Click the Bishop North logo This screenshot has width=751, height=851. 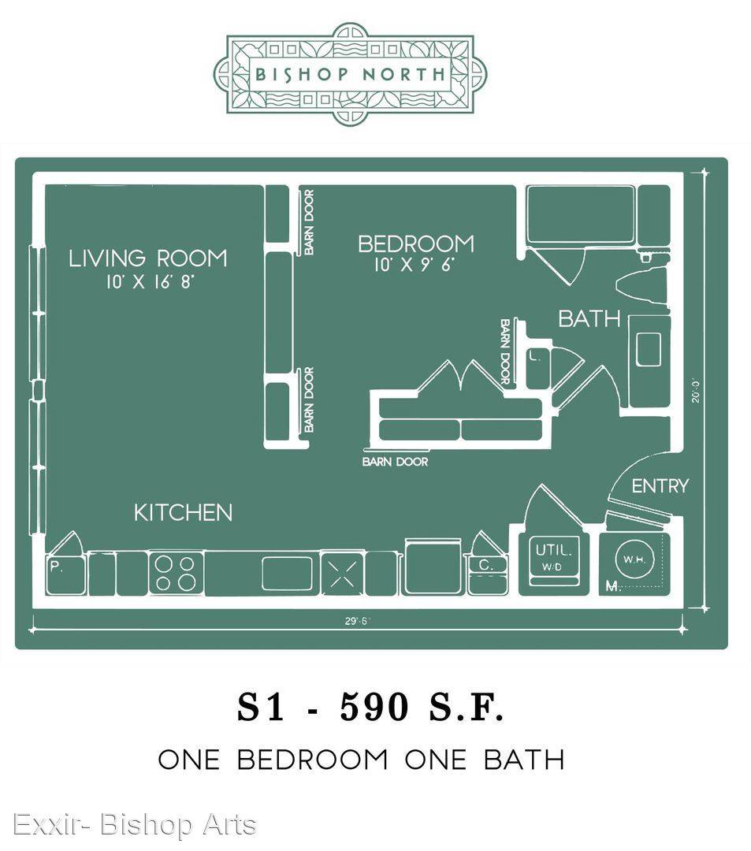tap(350, 74)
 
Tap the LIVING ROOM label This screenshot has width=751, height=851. tap(147, 258)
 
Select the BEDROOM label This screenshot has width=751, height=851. tap(415, 243)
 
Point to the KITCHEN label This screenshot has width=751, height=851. tap(183, 513)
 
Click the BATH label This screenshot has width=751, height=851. tap(589, 318)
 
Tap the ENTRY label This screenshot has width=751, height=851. tap(660, 485)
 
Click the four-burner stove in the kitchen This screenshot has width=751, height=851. tap(176, 573)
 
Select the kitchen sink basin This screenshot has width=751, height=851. tap(287, 573)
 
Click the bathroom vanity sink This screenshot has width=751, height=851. tap(648, 350)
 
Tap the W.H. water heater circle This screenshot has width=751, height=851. tap(634, 559)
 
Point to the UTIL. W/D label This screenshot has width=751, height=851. tap(553, 557)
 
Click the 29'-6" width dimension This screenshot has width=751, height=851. tap(356, 621)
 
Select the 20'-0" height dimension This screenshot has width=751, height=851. tap(696, 390)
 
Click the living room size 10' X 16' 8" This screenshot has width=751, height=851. tap(150, 281)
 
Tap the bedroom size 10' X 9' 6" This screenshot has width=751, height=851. tap(415, 265)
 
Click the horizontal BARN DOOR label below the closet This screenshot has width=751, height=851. tap(395, 462)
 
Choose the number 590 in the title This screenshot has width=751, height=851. tap(374, 707)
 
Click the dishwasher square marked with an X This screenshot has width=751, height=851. tap(342, 573)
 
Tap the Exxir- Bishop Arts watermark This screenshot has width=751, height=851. tap(134, 825)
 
